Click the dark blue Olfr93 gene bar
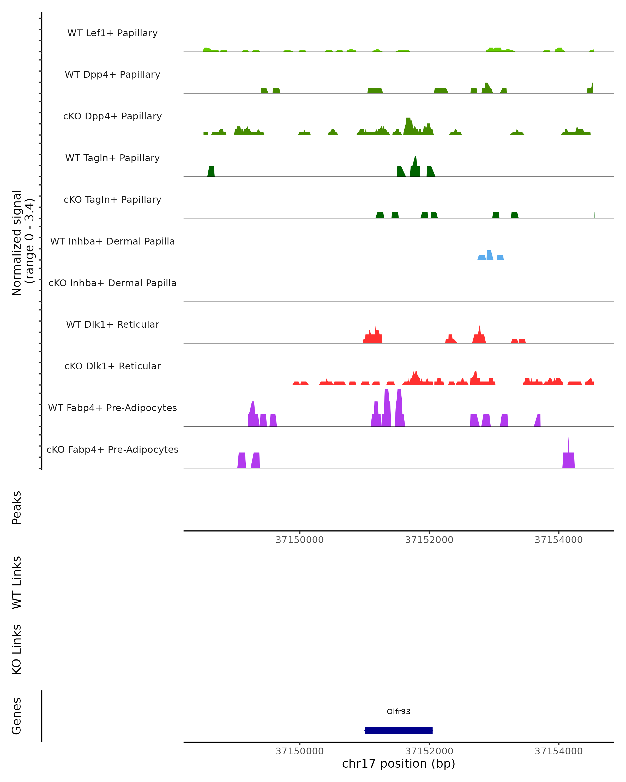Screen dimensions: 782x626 coord(399,730)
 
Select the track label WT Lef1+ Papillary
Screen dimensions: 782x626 coord(112,33)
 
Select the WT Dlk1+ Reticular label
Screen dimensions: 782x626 coord(112,324)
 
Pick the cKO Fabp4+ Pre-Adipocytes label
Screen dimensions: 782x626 coord(112,449)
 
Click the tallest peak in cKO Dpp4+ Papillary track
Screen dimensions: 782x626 coord(408,125)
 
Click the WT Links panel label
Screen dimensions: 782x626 coord(17,582)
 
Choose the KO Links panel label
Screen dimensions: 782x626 coord(17,649)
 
